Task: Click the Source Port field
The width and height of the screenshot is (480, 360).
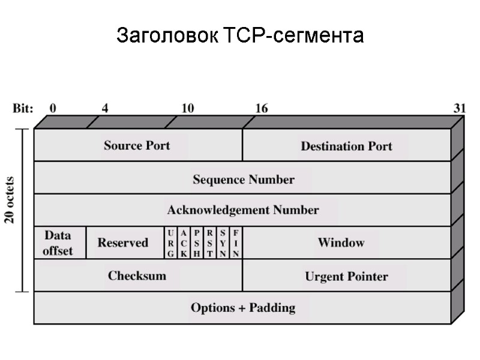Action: coord(137,145)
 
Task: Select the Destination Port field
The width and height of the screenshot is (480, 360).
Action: coord(346,146)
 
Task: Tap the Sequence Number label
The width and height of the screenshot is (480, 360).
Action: coord(244,179)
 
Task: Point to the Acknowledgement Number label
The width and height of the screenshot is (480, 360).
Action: coord(243,210)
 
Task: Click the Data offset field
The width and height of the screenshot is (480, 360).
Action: coord(58,243)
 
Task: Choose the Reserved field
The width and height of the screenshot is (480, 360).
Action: coord(123,242)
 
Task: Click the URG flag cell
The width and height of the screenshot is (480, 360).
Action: coord(170,243)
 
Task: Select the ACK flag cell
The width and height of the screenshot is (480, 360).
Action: coord(184,243)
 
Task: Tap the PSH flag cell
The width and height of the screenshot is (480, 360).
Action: coord(197,243)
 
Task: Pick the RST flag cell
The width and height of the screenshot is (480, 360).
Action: coord(210,243)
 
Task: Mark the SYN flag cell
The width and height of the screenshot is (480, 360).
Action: coord(223,243)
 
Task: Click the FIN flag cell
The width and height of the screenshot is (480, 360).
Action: coord(236,243)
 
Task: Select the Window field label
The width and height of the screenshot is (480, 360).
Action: coord(341,242)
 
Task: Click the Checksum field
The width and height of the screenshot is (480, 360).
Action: coord(137,275)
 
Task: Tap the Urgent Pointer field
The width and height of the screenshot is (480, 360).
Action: coord(346,276)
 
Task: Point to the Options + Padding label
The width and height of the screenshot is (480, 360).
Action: coord(243,308)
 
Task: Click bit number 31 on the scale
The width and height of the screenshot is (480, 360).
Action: coord(459,109)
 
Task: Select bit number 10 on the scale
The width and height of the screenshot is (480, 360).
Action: coord(188,109)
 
